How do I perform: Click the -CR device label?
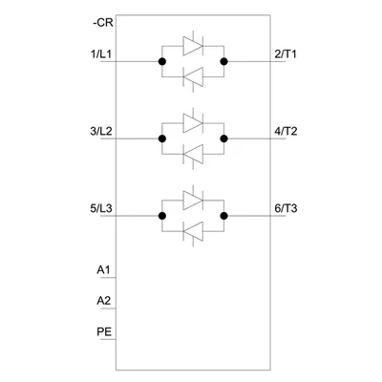[x=103, y=23]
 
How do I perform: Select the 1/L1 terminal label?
[x=101, y=54]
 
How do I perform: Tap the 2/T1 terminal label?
[x=286, y=54]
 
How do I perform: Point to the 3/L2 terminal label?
[x=101, y=131]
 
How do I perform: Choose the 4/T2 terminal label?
[x=286, y=131]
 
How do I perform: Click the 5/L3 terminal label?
[x=101, y=209]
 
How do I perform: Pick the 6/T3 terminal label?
[x=286, y=209]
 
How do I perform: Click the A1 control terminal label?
[x=103, y=270]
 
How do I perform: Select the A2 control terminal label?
[x=104, y=301]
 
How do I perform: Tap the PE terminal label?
[x=104, y=332]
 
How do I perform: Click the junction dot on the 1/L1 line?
[x=162, y=61]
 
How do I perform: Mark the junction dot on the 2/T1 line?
[x=224, y=61]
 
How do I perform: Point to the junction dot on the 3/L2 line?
[x=162, y=138]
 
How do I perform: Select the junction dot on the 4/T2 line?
[x=224, y=138]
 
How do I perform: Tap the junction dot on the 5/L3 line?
[x=162, y=216]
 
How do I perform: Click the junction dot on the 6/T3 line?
[x=224, y=216]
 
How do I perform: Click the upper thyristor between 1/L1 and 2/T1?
[x=193, y=46]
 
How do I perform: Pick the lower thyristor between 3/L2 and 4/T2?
[x=193, y=155]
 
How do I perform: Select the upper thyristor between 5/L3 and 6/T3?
[x=193, y=201]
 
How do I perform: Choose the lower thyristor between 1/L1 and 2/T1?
[x=193, y=77]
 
